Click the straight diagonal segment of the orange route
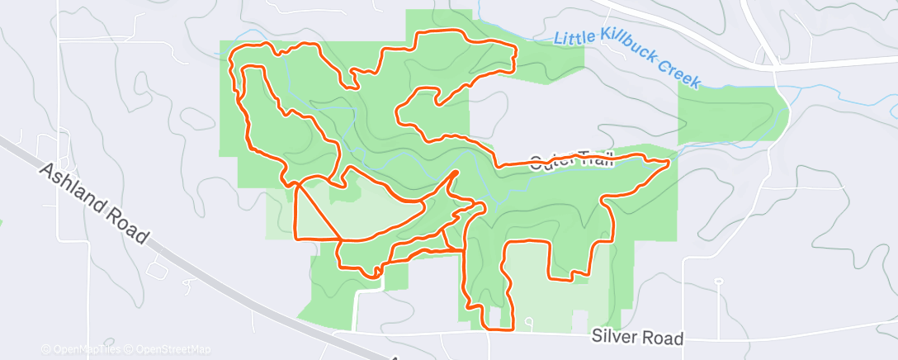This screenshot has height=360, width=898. pyautogui.click(x=318, y=211)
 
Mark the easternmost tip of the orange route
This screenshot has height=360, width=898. pyautogui.click(x=667, y=162)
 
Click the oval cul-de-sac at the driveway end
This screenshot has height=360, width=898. pyautogui.click(x=719, y=281)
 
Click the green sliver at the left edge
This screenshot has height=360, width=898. pyautogui.click(x=2, y=223)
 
